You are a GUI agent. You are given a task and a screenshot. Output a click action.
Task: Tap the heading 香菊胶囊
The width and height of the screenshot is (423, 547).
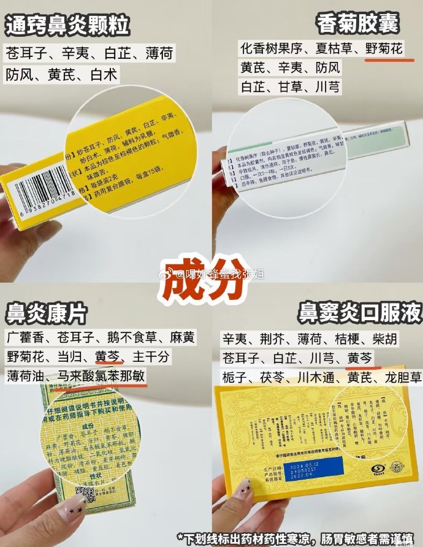358,24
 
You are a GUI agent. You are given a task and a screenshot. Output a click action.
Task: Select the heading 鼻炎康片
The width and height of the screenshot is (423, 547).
46,315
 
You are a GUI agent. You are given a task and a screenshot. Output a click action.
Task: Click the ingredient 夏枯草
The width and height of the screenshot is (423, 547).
332,48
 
